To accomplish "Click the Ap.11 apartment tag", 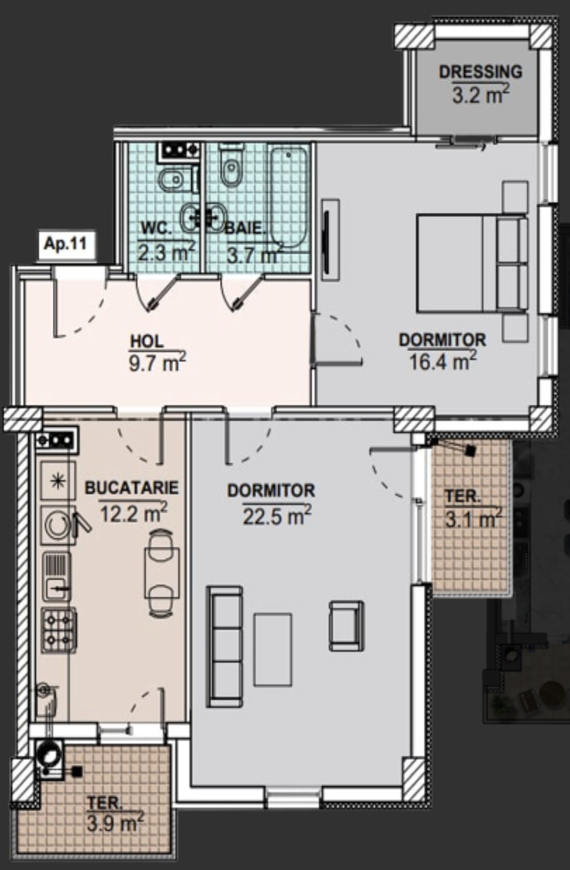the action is coord(66,244).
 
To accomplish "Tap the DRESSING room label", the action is coord(481,72).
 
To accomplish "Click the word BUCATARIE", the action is coord(132,488).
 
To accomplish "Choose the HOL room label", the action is coord(146,341).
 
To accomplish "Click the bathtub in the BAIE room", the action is coord(288,197).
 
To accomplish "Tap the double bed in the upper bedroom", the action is coord(472,263).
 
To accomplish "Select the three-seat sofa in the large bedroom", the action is coord(224,646).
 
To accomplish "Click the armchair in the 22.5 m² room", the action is coord(347,625).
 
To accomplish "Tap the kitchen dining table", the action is coord(162,573).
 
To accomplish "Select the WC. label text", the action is coord(156,229).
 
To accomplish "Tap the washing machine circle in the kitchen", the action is coord(58,525).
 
